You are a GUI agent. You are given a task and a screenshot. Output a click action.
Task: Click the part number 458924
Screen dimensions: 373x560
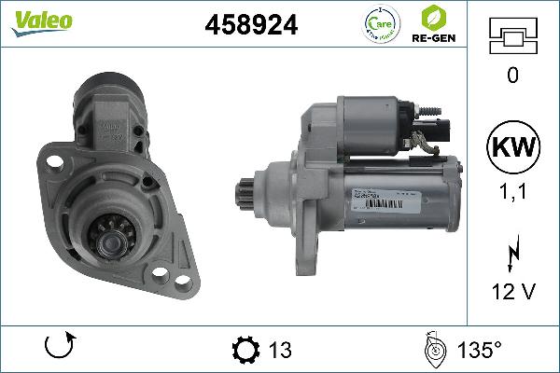tap(251, 26)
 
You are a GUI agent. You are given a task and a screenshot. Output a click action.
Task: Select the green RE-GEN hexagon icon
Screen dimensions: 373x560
tap(432, 18)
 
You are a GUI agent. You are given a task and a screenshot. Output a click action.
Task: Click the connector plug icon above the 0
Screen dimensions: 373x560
tap(512, 38)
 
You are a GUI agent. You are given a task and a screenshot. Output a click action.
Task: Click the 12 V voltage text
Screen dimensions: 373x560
tap(512, 292)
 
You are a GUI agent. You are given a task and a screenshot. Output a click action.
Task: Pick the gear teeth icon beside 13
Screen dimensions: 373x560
tap(244, 350)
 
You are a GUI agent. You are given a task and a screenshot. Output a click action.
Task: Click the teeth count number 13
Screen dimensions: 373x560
tap(279, 350)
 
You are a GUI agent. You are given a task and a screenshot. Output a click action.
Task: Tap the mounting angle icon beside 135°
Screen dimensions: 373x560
tap(432, 349)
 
